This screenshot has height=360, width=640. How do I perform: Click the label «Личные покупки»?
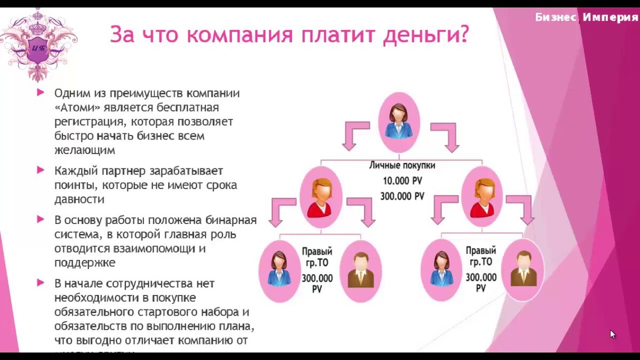pyautogui.click(x=402, y=165)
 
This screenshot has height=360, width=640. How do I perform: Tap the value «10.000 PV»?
pyautogui.click(x=403, y=181)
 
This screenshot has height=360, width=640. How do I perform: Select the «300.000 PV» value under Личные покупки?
pyautogui.click(x=402, y=196)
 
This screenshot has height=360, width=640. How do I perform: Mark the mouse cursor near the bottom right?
pyautogui.click(x=613, y=334)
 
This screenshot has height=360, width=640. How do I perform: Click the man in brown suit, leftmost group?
pyautogui.click(x=361, y=270)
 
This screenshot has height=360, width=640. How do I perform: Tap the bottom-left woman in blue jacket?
pyautogui.click(x=279, y=270)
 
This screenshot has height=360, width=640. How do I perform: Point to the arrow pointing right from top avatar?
pyautogui.click(x=446, y=137)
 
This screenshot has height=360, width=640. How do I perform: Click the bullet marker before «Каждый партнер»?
pyautogui.click(x=40, y=171)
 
